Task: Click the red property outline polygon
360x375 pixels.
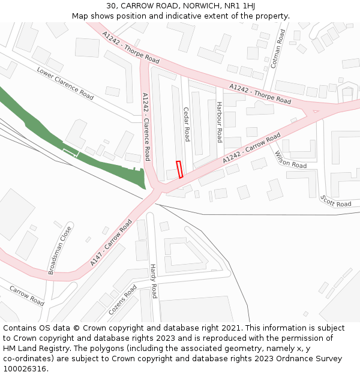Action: (x=179, y=169)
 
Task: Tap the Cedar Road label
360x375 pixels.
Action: (x=186, y=124)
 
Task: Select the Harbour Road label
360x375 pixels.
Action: (x=220, y=122)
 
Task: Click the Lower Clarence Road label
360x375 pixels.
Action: (x=65, y=83)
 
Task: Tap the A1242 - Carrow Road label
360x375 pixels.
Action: (x=251, y=148)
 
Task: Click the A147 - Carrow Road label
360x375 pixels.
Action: (x=111, y=242)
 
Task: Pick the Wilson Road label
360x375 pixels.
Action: (x=290, y=160)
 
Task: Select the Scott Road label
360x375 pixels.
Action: (x=335, y=201)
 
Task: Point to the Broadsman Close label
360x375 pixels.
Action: (x=60, y=250)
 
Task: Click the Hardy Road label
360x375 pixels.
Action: (x=153, y=281)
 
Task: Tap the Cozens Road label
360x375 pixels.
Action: (x=122, y=301)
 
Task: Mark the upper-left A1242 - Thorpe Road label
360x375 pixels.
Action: (x=131, y=47)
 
